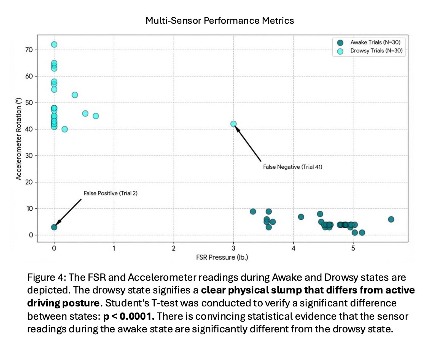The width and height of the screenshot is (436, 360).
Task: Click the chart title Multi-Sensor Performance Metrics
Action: coord(220,21)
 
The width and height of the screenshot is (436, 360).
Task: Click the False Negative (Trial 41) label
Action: coord(292,167)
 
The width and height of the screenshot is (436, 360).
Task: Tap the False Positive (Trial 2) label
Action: coord(111,193)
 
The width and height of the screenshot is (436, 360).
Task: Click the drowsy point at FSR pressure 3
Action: coord(233,124)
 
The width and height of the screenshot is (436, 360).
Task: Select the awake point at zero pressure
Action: coord(54,227)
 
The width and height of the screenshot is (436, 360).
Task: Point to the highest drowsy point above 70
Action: coord(54,44)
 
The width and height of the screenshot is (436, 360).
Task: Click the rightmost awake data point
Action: coord(391,219)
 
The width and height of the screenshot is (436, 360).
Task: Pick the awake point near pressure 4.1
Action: coord(301,217)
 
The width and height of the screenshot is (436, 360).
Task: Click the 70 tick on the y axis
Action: coord(29,50)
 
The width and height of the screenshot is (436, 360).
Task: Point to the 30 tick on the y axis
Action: coord(29,156)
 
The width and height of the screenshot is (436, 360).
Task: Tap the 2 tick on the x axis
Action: coord(174,248)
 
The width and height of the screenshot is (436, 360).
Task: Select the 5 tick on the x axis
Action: coord(353,248)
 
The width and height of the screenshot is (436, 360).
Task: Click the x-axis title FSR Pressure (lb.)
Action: coord(222,257)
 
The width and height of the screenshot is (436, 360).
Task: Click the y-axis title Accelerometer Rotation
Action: coord(18,139)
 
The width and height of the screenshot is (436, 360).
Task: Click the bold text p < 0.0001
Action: coord(129,316)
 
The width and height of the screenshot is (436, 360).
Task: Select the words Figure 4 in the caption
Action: coord(45,277)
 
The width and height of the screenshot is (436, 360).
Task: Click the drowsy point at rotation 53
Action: coord(75,95)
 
